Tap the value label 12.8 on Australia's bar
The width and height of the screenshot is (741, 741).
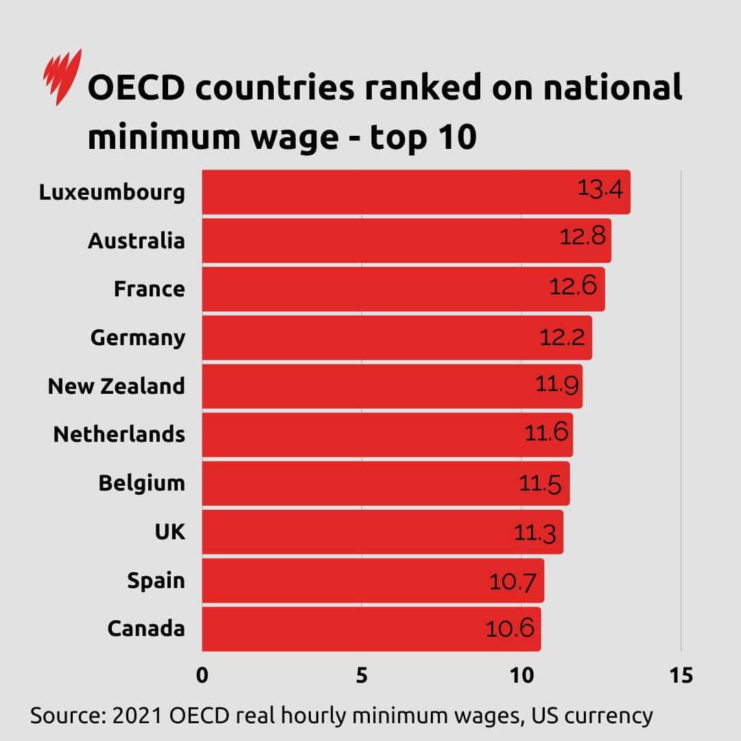point(583,237)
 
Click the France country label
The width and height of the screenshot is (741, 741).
point(149,289)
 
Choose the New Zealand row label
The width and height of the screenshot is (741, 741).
point(116,386)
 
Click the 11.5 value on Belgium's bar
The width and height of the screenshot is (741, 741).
point(540,484)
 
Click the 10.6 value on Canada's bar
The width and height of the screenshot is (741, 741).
point(510,628)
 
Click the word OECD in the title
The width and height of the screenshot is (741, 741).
point(141,90)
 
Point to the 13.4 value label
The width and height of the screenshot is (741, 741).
point(600,188)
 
